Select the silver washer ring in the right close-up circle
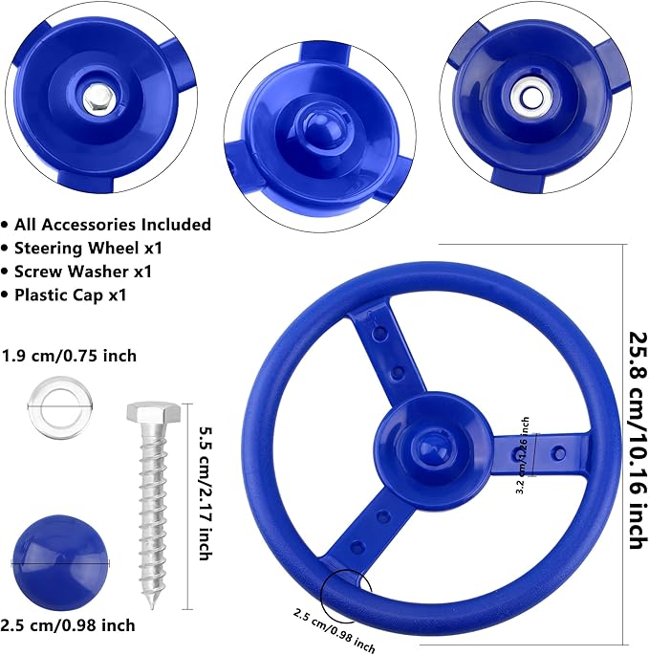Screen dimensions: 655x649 coord(530,96)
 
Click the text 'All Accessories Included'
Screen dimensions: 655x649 coord(113,225)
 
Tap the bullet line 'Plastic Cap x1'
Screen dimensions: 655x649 coord(76,295)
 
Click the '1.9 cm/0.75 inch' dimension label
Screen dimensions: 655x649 coord(69,356)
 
